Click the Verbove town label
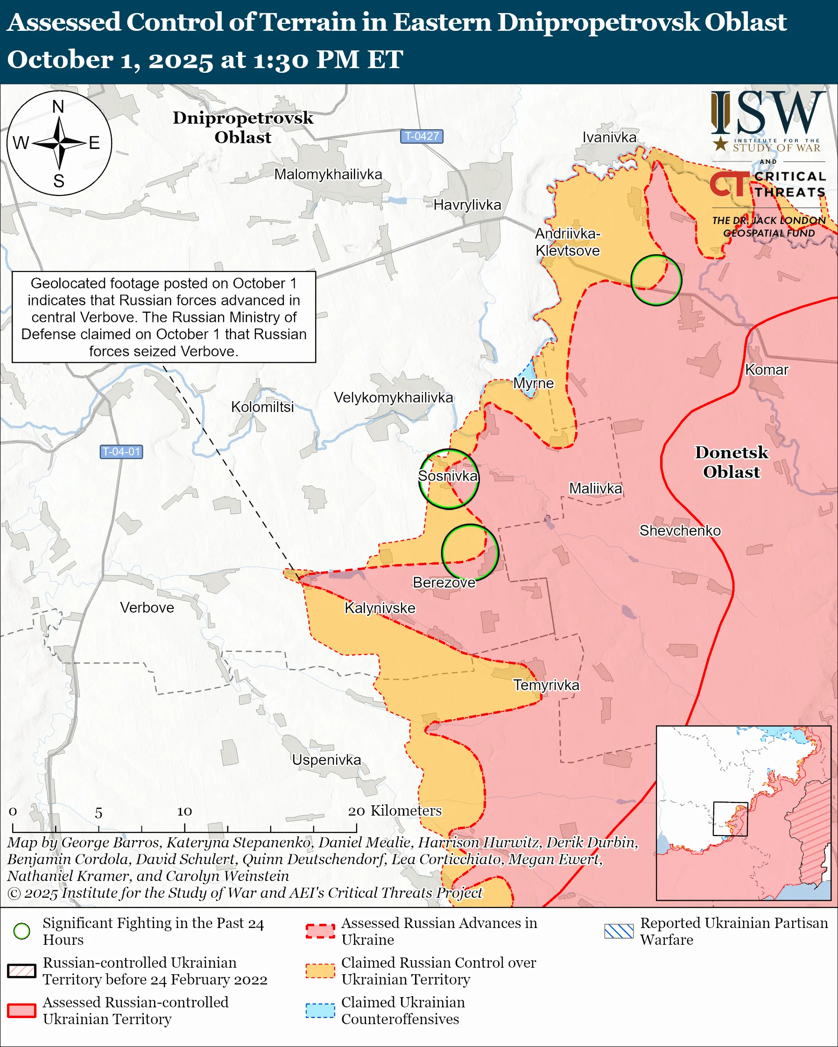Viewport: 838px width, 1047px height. pyautogui.click(x=147, y=607)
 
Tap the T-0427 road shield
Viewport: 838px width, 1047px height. pyautogui.click(x=421, y=136)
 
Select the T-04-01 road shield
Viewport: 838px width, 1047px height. pyautogui.click(x=121, y=452)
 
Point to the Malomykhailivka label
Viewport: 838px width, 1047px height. pyautogui.click(x=328, y=174)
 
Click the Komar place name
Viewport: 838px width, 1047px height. pyautogui.click(x=766, y=370)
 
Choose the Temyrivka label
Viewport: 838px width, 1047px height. pyautogui.click(x=546, y=685)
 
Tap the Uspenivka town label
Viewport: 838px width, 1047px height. pyautogui.click(x=326, y=760)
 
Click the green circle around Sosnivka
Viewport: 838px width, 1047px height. pyautogui.click(x=448, y=479)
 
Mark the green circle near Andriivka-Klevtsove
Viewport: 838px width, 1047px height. pyautogui.click(x=656, y=280)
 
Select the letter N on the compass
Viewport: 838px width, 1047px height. pyautogui.click(x=58, y=106)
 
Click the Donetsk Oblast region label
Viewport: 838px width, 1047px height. pyautogui.click(x=731, y=462)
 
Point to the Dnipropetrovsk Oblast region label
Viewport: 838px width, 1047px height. pyautogui.click(x=243, y=127)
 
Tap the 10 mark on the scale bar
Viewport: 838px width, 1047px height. pyautogui.click(x=184, y=811)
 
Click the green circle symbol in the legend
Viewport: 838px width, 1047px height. pyautogui.click(x=22, y=931)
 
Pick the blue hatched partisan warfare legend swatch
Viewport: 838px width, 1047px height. pyautogui.click(x=619, y=931)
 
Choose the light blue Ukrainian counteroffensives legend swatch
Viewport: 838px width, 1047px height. pyautogui.click(x=320, y=1011)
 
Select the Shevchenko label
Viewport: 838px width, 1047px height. pyautogui.click(x=680, y=530)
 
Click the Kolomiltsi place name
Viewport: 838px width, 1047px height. pyautogui.click(x=262, y=407)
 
